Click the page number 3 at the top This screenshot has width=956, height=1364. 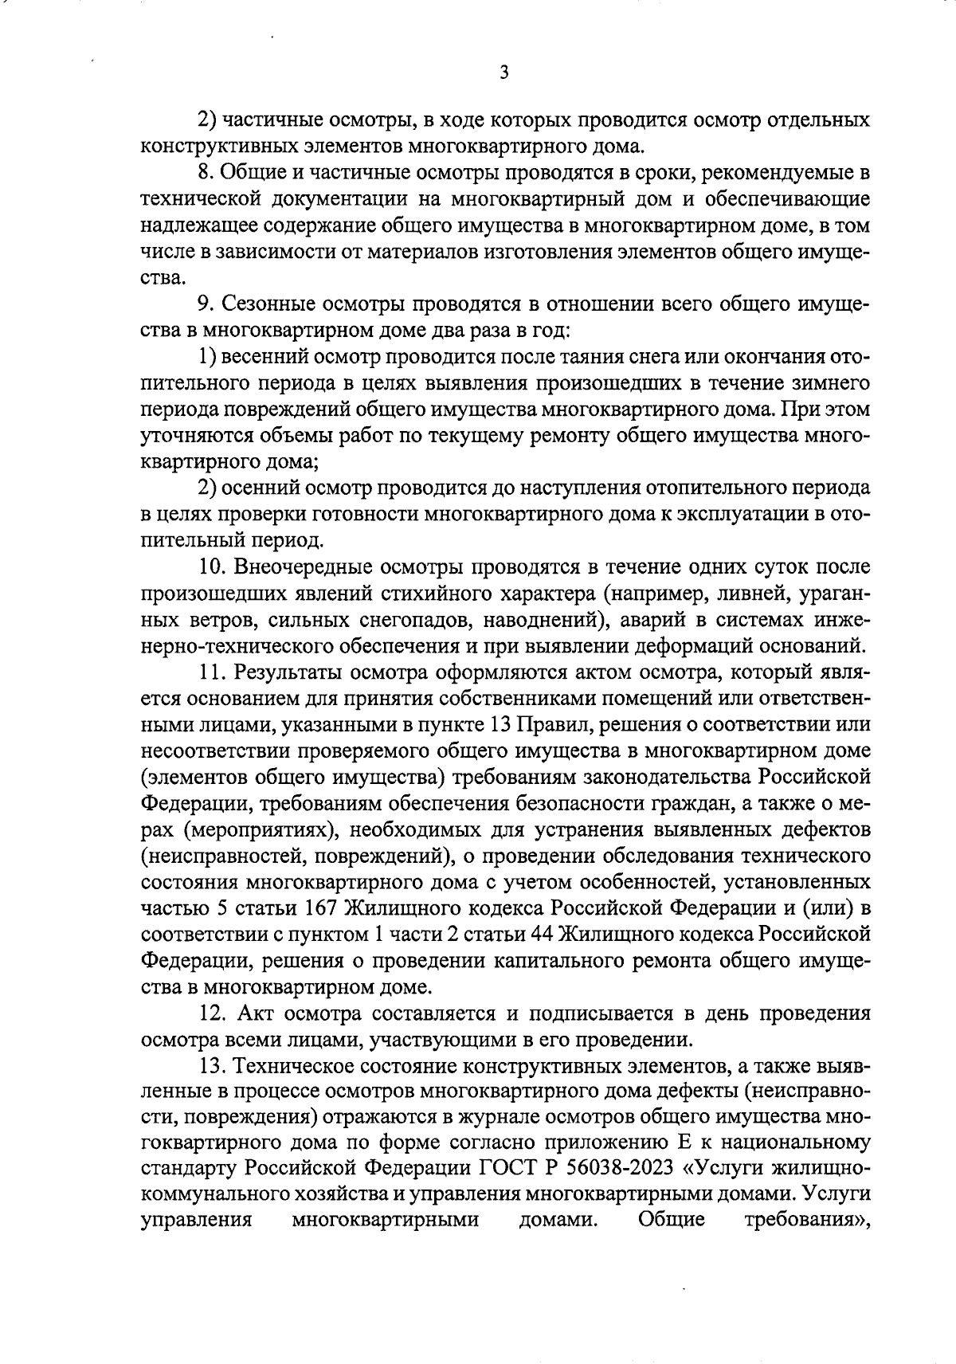(x=503, y=73)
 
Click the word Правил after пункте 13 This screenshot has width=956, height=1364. (x=557, y=726)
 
